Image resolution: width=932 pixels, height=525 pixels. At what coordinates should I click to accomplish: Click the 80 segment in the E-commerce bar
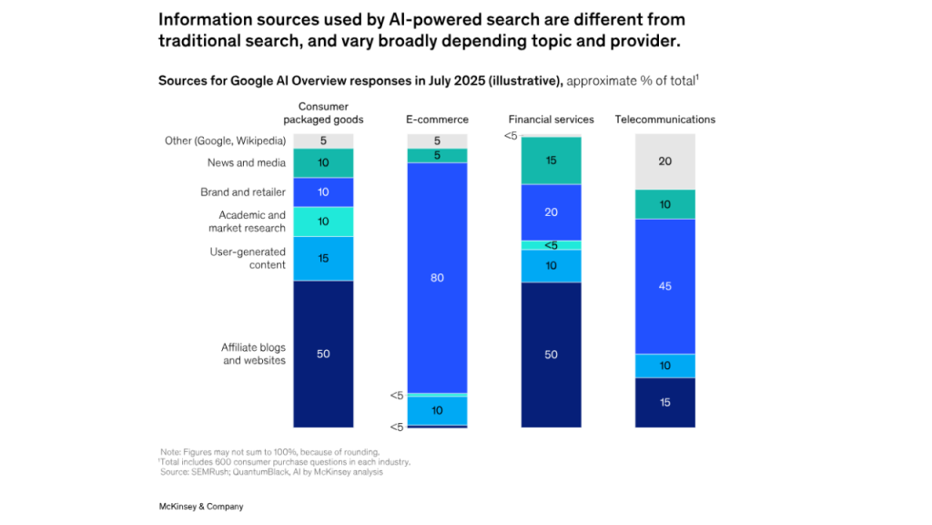437,278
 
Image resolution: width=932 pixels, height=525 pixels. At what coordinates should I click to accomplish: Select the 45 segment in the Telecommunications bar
665,286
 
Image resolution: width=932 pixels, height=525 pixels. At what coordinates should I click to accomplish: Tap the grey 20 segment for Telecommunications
665,161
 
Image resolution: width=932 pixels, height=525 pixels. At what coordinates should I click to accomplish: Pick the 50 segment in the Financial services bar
551,355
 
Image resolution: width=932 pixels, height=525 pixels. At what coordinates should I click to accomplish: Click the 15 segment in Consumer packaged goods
323,258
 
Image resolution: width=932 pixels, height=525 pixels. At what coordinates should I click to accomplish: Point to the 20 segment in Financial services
551,211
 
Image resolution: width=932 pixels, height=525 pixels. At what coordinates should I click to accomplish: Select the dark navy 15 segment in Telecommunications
665,402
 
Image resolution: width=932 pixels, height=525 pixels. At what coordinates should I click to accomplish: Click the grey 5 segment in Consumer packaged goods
323,141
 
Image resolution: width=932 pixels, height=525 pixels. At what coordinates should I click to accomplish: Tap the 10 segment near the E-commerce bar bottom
437,410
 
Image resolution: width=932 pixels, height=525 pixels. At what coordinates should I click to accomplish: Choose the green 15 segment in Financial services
551,160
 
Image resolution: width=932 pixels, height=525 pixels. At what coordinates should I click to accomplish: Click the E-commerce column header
437,119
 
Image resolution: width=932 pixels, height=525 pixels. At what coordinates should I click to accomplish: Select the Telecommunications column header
665,119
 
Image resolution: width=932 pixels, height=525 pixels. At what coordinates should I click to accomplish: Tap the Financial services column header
551,119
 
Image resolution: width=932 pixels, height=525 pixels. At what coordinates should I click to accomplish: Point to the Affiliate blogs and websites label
253,354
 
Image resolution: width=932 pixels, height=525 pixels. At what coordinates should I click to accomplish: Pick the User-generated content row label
248,258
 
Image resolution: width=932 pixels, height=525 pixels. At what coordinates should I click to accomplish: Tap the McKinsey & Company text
195,506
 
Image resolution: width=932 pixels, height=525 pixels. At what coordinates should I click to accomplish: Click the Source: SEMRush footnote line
271,472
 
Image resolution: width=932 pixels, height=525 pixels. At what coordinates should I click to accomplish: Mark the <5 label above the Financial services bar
511,136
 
